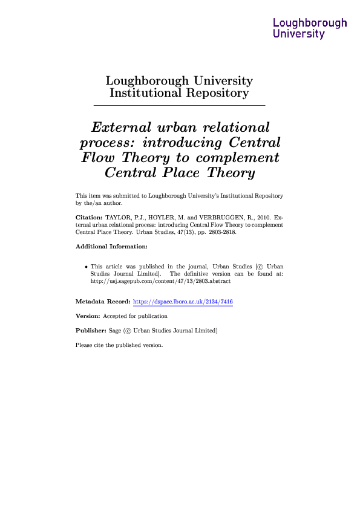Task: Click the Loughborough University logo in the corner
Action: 310,28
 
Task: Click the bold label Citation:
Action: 88,216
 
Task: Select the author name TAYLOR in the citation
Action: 119,216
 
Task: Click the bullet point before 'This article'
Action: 87,267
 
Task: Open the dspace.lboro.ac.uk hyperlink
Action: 183,301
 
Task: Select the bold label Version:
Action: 88,316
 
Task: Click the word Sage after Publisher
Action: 115,331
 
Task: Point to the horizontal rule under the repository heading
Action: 179,106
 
